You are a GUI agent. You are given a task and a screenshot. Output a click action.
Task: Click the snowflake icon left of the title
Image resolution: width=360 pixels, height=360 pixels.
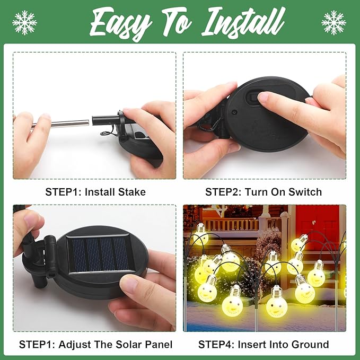(x=24, y=22)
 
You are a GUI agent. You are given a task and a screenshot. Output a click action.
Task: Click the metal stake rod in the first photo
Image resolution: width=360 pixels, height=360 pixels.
(x=61, y=124)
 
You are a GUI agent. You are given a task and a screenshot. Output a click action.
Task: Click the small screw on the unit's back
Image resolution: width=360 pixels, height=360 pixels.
(x=234, y=112)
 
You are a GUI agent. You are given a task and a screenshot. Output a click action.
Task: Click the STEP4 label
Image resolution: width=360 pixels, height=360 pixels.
(x=216, y=344)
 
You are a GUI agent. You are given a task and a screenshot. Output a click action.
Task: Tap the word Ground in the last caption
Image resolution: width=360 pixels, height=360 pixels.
(x=310, y=344)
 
